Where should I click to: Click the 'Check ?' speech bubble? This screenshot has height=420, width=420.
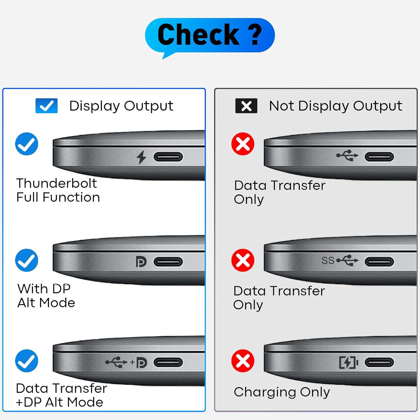coord(210,35)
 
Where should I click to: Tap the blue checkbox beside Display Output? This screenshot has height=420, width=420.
coord(46,106)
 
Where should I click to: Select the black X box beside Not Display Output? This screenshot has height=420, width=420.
coord(246,106)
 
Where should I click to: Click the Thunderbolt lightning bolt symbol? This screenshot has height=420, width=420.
coord(141,157)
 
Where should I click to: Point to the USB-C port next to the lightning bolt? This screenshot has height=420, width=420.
coord(168,157)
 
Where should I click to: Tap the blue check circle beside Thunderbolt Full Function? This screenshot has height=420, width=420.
coord(27,144)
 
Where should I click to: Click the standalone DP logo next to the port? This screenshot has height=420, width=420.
coord(141,262)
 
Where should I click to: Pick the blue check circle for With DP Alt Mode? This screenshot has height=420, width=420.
coord(27,260)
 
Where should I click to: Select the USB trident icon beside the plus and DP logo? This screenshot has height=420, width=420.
coord(116,362)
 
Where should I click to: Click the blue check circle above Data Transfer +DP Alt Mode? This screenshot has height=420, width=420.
coord(27,361)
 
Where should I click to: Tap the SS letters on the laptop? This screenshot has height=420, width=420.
coord(328,261)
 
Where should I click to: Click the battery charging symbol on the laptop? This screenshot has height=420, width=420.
coord(348,363)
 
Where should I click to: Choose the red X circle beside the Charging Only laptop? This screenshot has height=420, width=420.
coord(243,361)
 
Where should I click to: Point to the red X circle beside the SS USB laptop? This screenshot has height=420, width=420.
coord(243,260)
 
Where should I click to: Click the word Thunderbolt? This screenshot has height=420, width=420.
coord(57,183)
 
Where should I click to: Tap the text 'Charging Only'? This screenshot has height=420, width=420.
coord(282,392)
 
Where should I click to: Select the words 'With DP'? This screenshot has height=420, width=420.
coord(44,289)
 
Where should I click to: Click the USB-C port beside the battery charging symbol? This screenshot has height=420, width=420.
coord(379,363)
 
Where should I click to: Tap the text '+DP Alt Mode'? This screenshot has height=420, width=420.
coord(60,402)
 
